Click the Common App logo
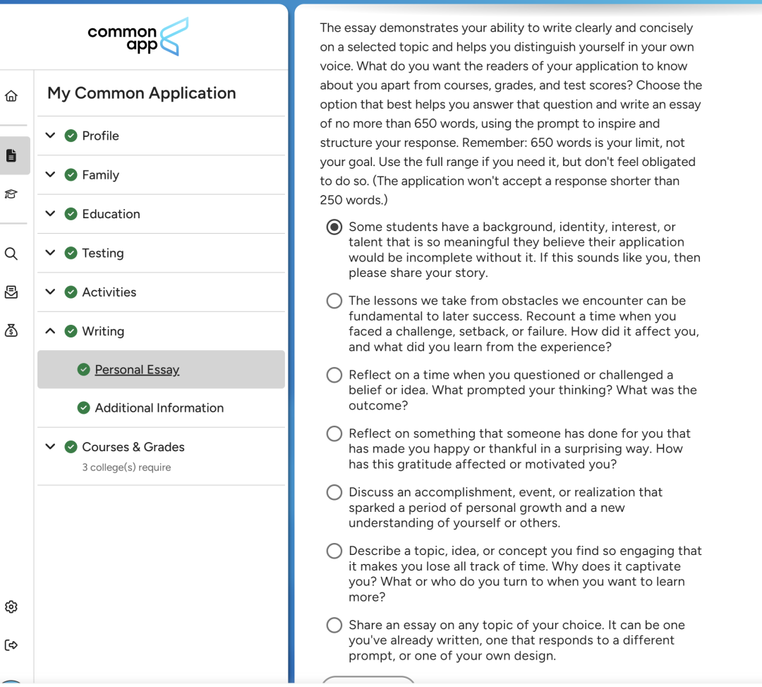tap(138, 37)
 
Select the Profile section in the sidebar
tap(100, 136)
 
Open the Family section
tap(100, 175)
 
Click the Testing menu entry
tap(102, 253)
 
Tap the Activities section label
tap(109, 292)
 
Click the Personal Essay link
tap(137, 369)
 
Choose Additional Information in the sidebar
tap(159, 408)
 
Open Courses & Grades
tap(133, 447)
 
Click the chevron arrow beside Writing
tap(50, 330)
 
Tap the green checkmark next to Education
tap(71, 214)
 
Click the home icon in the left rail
tap(11, 96)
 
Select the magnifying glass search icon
tap(11, 253)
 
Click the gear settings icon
tap(11, 607)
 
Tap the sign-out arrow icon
tap(11, 645)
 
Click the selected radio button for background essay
tap(334, 227)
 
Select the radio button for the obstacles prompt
tap(334, 301)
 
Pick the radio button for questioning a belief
tap(334, 375)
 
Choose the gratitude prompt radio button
tap(334, 434)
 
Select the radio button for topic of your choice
tap(334, 625)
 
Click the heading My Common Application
tap(141, 93)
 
